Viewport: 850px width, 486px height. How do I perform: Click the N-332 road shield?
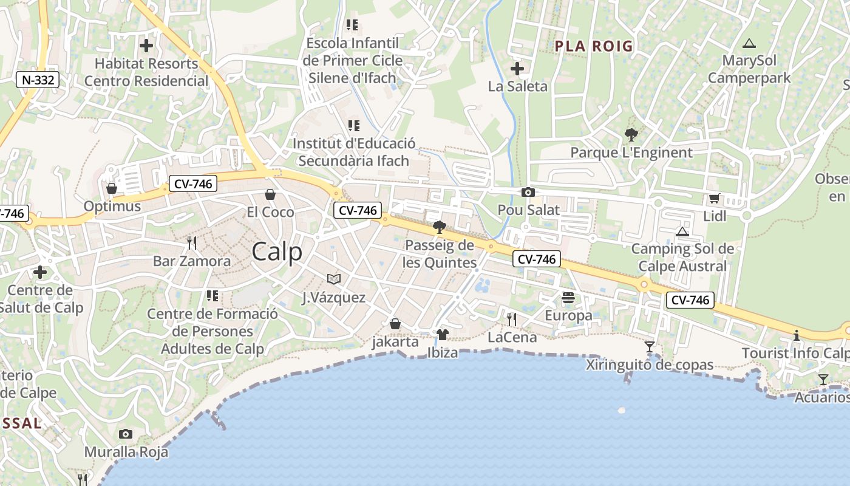(x=37, y=80)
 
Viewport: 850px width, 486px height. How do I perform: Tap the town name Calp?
(x=276, y=251)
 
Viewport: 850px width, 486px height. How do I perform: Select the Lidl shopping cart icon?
(x=714, y=199)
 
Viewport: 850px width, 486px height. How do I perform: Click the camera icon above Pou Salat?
(x=528, y=192)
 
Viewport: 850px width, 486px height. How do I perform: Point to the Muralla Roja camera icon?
(x=126, y=434)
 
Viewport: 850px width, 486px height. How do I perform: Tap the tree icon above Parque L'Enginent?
(x=631, y=135)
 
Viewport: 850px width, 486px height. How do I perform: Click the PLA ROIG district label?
(x=594, y=46)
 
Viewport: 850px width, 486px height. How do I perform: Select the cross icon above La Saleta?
(x=517, y=69)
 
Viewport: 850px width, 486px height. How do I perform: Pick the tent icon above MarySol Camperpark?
(x=749, y=43)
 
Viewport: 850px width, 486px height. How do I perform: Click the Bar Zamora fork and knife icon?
(x=192, y=243)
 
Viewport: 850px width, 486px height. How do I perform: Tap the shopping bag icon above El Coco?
(x=270, y=194)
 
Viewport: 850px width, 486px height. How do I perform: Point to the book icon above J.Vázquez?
(x=333, y=279)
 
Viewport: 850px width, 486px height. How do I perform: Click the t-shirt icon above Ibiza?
(x=442, y=334)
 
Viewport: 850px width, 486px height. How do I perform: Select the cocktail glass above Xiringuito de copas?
(x=650, y=347)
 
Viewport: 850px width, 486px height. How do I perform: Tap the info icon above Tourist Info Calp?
(x=796, y=335)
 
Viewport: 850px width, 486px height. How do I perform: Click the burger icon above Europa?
(x=568, y=298)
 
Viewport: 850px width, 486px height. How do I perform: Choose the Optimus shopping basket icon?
(x=111, y=188)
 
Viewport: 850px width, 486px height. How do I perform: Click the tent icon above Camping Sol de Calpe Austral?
(x=682, y=231)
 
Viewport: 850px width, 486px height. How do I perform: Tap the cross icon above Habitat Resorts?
(x=146, y=46)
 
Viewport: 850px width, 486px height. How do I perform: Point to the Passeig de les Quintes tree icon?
(x=440, y=228)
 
